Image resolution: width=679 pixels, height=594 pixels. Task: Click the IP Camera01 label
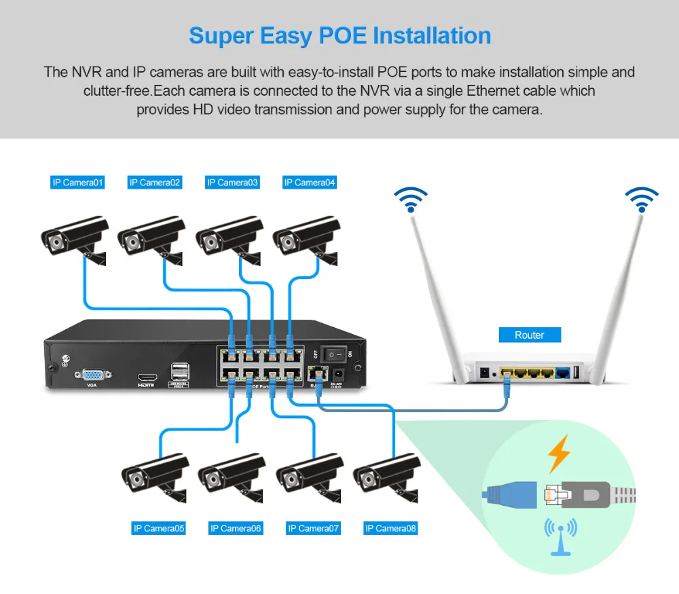pos(78,183)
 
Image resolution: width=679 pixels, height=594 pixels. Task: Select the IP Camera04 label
pos(310,183)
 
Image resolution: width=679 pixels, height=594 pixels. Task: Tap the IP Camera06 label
pos(236,528)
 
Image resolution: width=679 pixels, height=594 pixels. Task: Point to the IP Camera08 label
pos(390,528)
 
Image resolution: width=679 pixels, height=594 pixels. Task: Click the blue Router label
pos(530,335)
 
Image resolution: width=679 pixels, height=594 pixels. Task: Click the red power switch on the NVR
pos(332,354)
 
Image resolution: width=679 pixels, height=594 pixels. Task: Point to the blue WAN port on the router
pos(563,372)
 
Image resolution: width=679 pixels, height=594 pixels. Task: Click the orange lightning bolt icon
pos(559,454)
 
